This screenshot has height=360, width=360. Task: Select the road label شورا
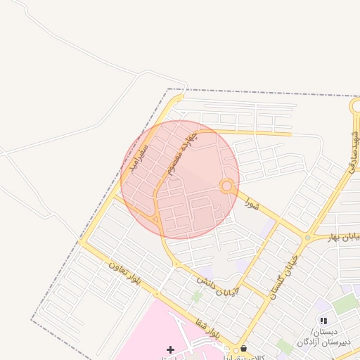pyautogui.click(x=252, y=205)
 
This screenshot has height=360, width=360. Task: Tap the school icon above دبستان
pyautogui.click(x=323, y=321)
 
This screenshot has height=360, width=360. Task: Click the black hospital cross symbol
pyautogui.click(x=169, y=349)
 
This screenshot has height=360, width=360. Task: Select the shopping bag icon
pyautogui.click(x=243, y=349)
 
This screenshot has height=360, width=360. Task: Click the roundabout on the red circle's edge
pyautogui.click(x=226, y=186)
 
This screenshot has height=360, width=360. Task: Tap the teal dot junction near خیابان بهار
pyautogui.click(x=307, y=238)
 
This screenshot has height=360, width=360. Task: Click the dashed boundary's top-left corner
pyautogui.click(x=169, y=89)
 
